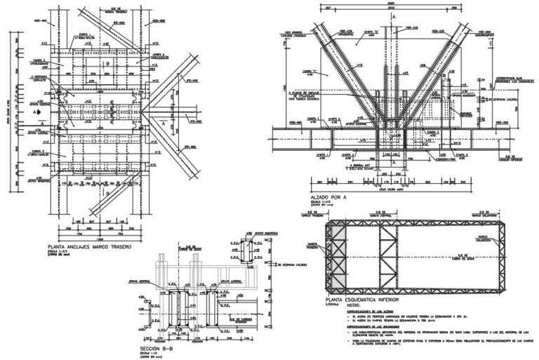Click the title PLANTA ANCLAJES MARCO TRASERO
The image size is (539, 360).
[x=88, y=247]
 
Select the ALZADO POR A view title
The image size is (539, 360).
[x=328, y=198]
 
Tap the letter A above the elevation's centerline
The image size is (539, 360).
[x=393, y=15]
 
